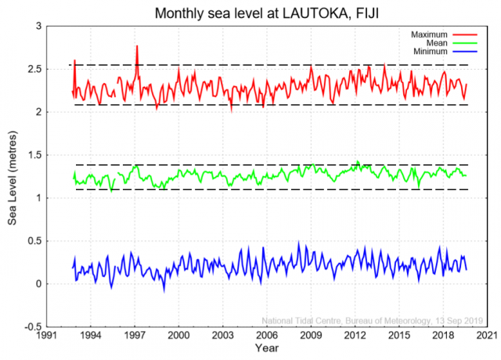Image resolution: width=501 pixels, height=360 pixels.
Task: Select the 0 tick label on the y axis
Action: coord(37,283)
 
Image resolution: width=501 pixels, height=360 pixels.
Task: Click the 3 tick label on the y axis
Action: coord(37,26)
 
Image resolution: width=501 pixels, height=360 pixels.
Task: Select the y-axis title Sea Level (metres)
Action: coord(13,176)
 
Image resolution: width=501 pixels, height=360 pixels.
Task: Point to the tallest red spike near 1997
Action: coord(137,47)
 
